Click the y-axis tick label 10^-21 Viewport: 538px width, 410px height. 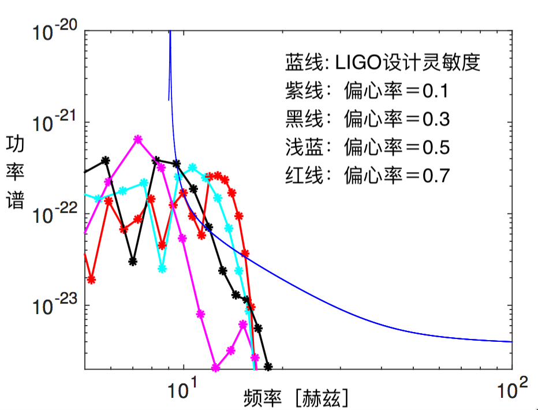pos(54,122)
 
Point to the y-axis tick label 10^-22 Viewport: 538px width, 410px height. pos(54,213)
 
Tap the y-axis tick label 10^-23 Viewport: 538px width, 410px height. pos(54,304)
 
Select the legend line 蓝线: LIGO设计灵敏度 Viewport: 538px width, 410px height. pos(383,62)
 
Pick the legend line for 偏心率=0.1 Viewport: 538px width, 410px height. pos(367,91)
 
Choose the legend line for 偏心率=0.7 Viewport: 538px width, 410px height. pos(367,174)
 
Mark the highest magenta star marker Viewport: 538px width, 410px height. pos(137,139)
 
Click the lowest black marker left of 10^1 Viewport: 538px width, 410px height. pos(133,261)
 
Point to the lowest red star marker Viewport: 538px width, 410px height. pos(91,280)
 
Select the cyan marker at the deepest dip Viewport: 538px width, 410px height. pos(162,269)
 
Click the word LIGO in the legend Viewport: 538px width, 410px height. pos(358,62)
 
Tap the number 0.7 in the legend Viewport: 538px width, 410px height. pos(435,174)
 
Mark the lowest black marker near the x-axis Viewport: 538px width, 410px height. pos(268,366)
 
